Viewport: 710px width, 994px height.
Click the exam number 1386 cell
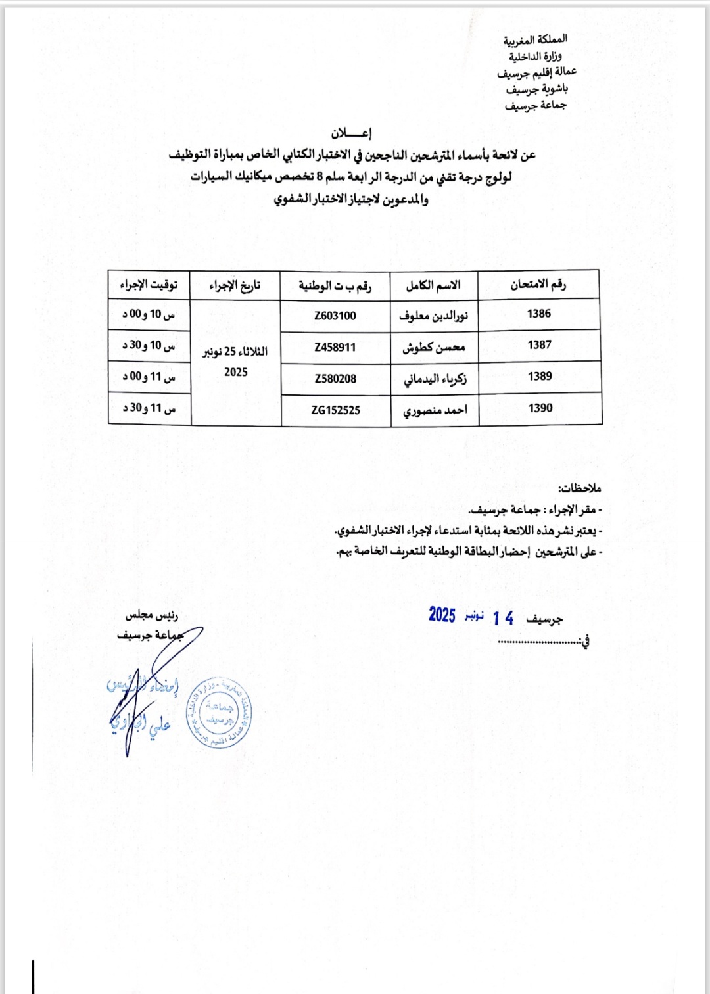click(x=539, y=314)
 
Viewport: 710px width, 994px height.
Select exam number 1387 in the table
click(x=539, y=345)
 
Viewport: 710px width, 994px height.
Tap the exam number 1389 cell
click(x=540, y=377)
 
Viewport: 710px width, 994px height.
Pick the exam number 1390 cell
click(x=540, y=408)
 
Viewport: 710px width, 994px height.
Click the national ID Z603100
click(x=335, y=316)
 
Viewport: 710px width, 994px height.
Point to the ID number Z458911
click(x=335, y=347)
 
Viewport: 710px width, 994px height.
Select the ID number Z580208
click(x=335, y=379)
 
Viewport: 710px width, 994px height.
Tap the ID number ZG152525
click(x=336, y=410)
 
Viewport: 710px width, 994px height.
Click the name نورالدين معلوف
click(x=434, y=316)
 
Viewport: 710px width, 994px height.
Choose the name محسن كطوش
click(x=434, y=347)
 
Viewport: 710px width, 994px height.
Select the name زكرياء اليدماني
click(x=435, y=379)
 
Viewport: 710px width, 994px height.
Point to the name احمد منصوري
click(x=435, y=410)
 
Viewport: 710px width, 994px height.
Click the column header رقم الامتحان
click(x=538, y=285)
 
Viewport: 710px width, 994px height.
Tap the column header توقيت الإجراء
click(x=149, y=285)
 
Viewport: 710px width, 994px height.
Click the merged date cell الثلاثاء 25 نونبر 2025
click(x=235, y=362)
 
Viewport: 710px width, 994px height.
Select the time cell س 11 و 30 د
click(x=149, y=408)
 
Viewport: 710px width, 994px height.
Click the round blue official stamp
click(x=218, y=713)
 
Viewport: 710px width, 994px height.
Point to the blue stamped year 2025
click(x=442, y=615)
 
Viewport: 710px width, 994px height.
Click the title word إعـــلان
click(x=351, y=133)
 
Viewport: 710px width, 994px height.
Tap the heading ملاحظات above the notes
click(x=580, y=488)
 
